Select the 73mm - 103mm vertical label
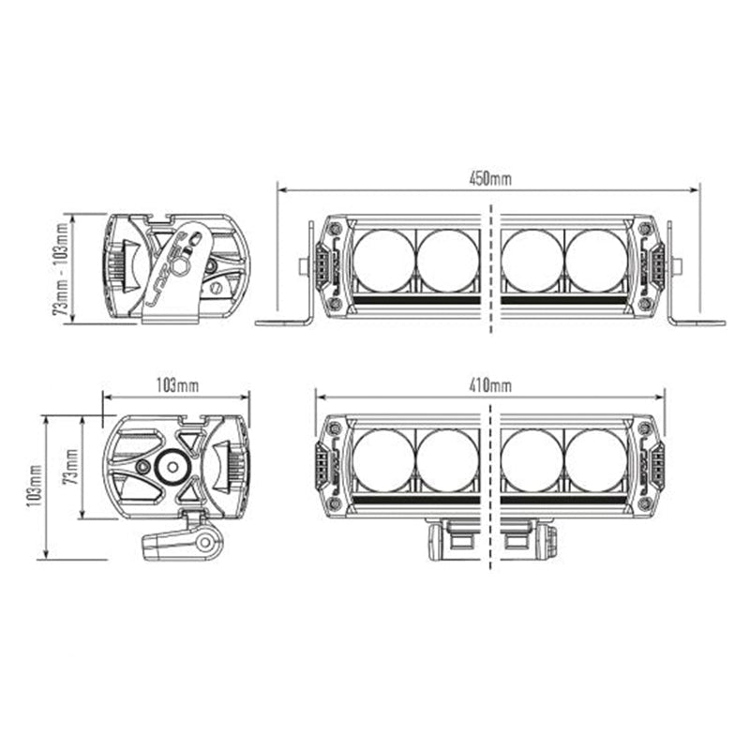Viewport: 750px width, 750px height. click(x=63, y=268)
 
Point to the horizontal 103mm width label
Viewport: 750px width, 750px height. click(x=177, y=384)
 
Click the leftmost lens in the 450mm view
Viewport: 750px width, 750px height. click(x=384, y=260)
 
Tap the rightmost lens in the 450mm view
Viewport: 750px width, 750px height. click(x=596, y=260)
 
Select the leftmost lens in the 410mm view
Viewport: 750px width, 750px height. click(x=384, y=460)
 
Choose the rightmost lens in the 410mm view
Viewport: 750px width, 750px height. click(x=596, y=460)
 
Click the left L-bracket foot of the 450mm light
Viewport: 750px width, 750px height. click(x=283, y=322)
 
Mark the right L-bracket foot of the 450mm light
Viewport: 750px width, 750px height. click(x=697, y=322)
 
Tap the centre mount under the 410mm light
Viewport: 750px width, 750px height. click(x=491, y=541)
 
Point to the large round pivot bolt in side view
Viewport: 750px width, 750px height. click(x=173, y=466)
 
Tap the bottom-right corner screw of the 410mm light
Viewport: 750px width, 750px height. click(x=645, y=502)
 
